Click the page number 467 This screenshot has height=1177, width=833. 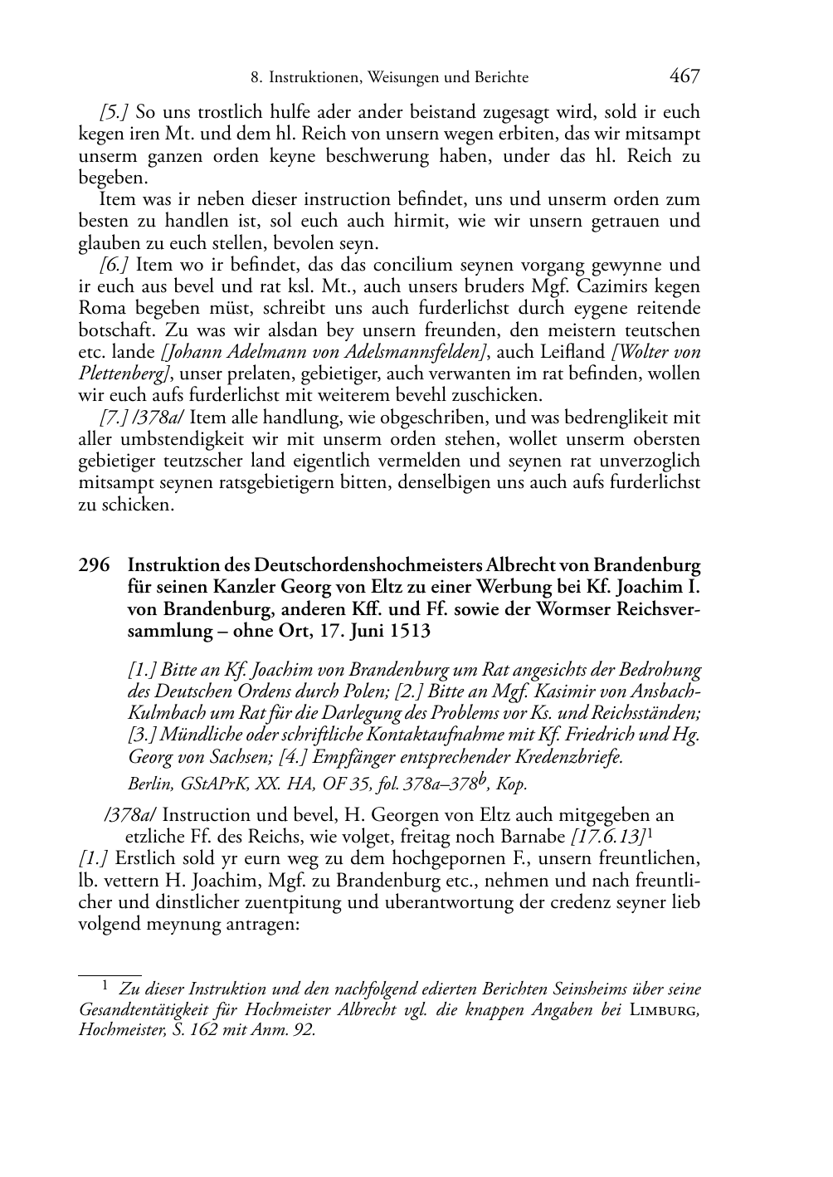684,76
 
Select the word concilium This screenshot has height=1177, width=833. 390,266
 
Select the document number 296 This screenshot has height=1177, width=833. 94,566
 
